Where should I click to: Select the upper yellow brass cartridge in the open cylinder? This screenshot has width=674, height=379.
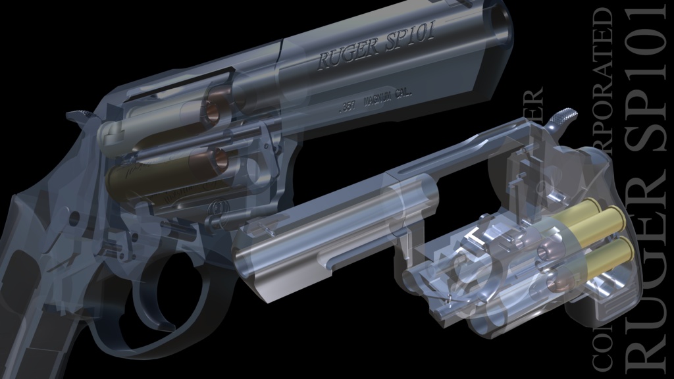[x=596, y=222]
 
